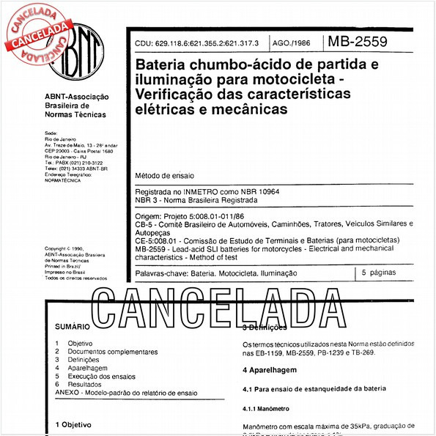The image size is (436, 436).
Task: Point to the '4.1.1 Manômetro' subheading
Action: pyautogui.click(x=266, y=408)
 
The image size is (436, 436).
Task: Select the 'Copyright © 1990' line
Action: pyautogui.click(x=70, y=249)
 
